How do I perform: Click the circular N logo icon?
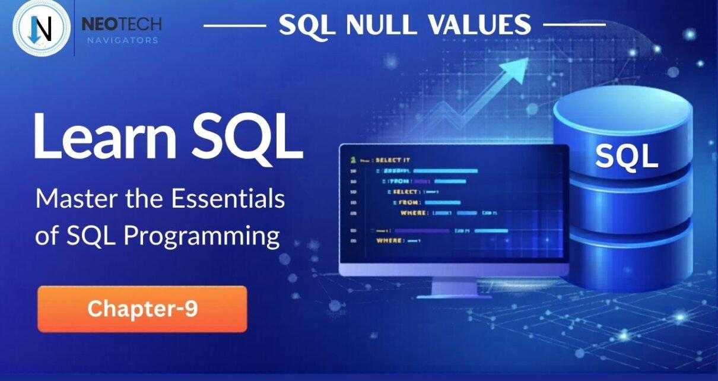[x=41, y=28]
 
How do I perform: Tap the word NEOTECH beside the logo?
[x=121, y=24]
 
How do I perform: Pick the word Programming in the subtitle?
[x=202, y=236]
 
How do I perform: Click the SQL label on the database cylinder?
[x=627, y=156]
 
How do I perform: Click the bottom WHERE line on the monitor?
[x=398, y=240]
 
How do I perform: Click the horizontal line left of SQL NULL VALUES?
[x=235, y=26]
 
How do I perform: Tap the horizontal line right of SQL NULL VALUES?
[x=574, y=26]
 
